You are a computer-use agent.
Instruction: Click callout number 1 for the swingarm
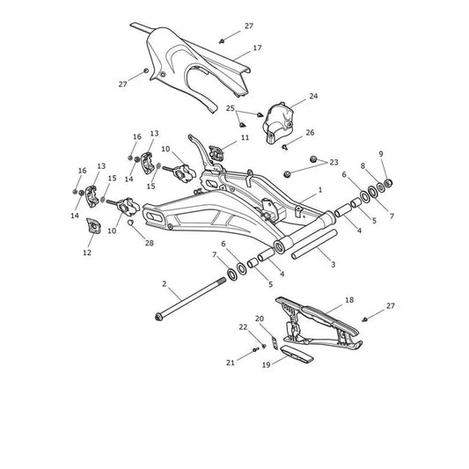320,190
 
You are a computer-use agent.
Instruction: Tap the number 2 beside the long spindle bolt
164,283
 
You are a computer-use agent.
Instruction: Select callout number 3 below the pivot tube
333,264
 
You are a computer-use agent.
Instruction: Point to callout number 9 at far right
381,154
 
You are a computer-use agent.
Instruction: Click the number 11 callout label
245,138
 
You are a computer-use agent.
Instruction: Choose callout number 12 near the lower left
87,253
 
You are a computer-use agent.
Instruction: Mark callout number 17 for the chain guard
257,48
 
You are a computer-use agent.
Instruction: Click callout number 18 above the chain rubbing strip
349,300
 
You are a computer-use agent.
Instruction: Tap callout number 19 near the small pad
267,365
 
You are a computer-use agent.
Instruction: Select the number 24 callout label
313,96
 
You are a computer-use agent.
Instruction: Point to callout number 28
150,243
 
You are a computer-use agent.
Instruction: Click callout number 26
311,133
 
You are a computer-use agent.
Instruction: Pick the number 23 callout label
333,163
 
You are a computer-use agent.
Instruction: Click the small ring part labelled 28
130,223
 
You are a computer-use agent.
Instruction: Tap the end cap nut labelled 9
388,182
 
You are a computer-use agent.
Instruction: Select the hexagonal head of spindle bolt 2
158,317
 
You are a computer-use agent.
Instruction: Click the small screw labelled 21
255,349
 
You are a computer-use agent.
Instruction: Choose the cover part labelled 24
278,123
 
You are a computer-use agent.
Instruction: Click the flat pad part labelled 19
297,354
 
